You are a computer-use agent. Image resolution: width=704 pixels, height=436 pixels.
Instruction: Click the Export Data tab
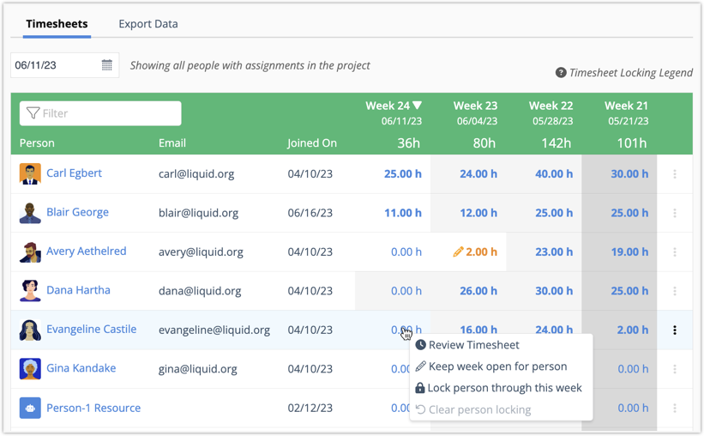148,24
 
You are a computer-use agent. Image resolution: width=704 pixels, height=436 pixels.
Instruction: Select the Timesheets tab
57,24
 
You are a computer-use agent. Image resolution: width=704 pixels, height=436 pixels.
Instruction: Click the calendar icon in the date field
107,65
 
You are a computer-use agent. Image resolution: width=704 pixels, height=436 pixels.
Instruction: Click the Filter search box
100,113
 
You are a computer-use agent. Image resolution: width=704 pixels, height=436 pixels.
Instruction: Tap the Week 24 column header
393,106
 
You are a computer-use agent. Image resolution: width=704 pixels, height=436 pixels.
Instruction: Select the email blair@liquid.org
198,213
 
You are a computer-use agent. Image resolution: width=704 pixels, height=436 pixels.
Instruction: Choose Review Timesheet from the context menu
473,345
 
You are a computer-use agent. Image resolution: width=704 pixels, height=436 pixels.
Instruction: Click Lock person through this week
504,388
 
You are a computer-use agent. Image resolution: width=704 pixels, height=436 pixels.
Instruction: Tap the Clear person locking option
479,409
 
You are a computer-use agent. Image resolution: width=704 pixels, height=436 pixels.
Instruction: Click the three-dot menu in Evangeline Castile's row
675,330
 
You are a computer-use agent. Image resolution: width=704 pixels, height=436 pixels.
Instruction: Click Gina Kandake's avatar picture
30,369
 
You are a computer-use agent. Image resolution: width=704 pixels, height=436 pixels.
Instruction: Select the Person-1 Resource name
93,409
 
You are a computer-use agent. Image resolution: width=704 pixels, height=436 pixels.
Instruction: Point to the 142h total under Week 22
557,143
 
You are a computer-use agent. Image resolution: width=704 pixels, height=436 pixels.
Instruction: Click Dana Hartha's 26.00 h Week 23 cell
478,291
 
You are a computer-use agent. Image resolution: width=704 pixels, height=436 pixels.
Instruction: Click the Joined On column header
312,143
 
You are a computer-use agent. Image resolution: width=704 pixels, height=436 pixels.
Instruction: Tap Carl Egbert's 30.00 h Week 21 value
629,174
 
